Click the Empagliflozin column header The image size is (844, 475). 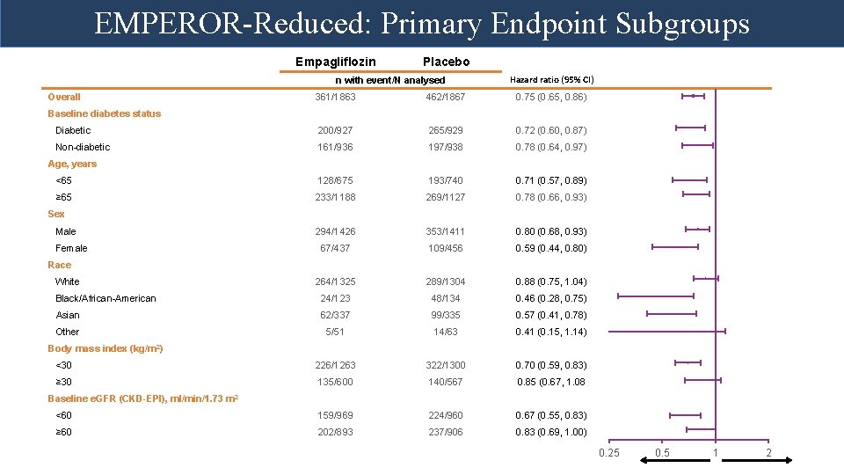335,62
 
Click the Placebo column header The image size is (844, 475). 446,62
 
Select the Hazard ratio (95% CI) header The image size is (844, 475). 552,80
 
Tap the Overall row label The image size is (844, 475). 64,97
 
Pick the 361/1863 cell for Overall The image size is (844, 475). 335,97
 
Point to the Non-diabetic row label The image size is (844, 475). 83,147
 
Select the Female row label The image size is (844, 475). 71,248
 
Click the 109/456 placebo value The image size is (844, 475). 446,248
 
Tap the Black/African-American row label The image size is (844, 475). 105,298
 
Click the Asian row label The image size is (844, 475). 68,315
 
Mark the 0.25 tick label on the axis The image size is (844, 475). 608,453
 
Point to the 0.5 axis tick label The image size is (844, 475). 662,453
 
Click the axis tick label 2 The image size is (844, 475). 768,453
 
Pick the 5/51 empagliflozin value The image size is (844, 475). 335,332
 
